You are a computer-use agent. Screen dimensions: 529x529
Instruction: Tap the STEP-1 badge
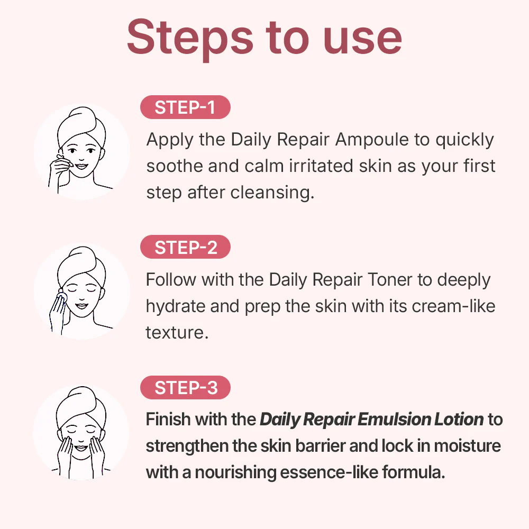185,107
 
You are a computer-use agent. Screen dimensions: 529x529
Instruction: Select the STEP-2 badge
185,248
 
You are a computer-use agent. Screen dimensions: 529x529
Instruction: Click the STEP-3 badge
185,388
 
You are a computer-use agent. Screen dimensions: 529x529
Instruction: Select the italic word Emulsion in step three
388,420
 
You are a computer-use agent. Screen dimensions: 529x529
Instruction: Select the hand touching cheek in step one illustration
59,169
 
